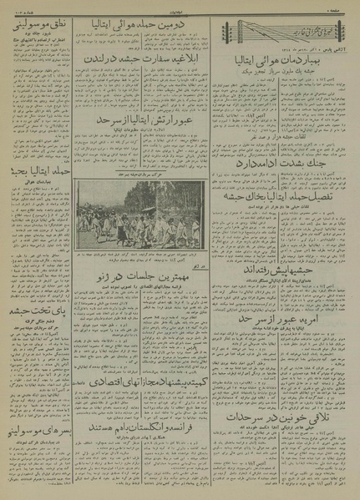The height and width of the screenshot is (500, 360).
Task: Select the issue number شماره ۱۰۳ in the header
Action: coord(21,8)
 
